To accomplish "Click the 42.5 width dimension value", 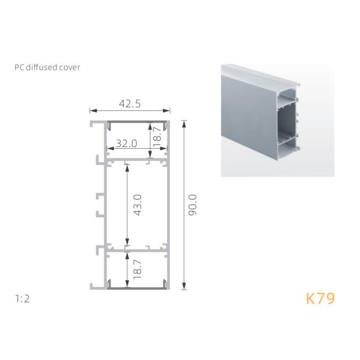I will click(x=130, y=103).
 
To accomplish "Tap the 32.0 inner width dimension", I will click(x=127, y=144).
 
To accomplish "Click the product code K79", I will click(x=320, y=298).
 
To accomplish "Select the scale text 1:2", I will click(x=23, y=298).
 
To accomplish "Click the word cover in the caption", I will click(x=70, y=67).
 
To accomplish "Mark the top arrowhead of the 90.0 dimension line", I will click(x=184, y=122).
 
